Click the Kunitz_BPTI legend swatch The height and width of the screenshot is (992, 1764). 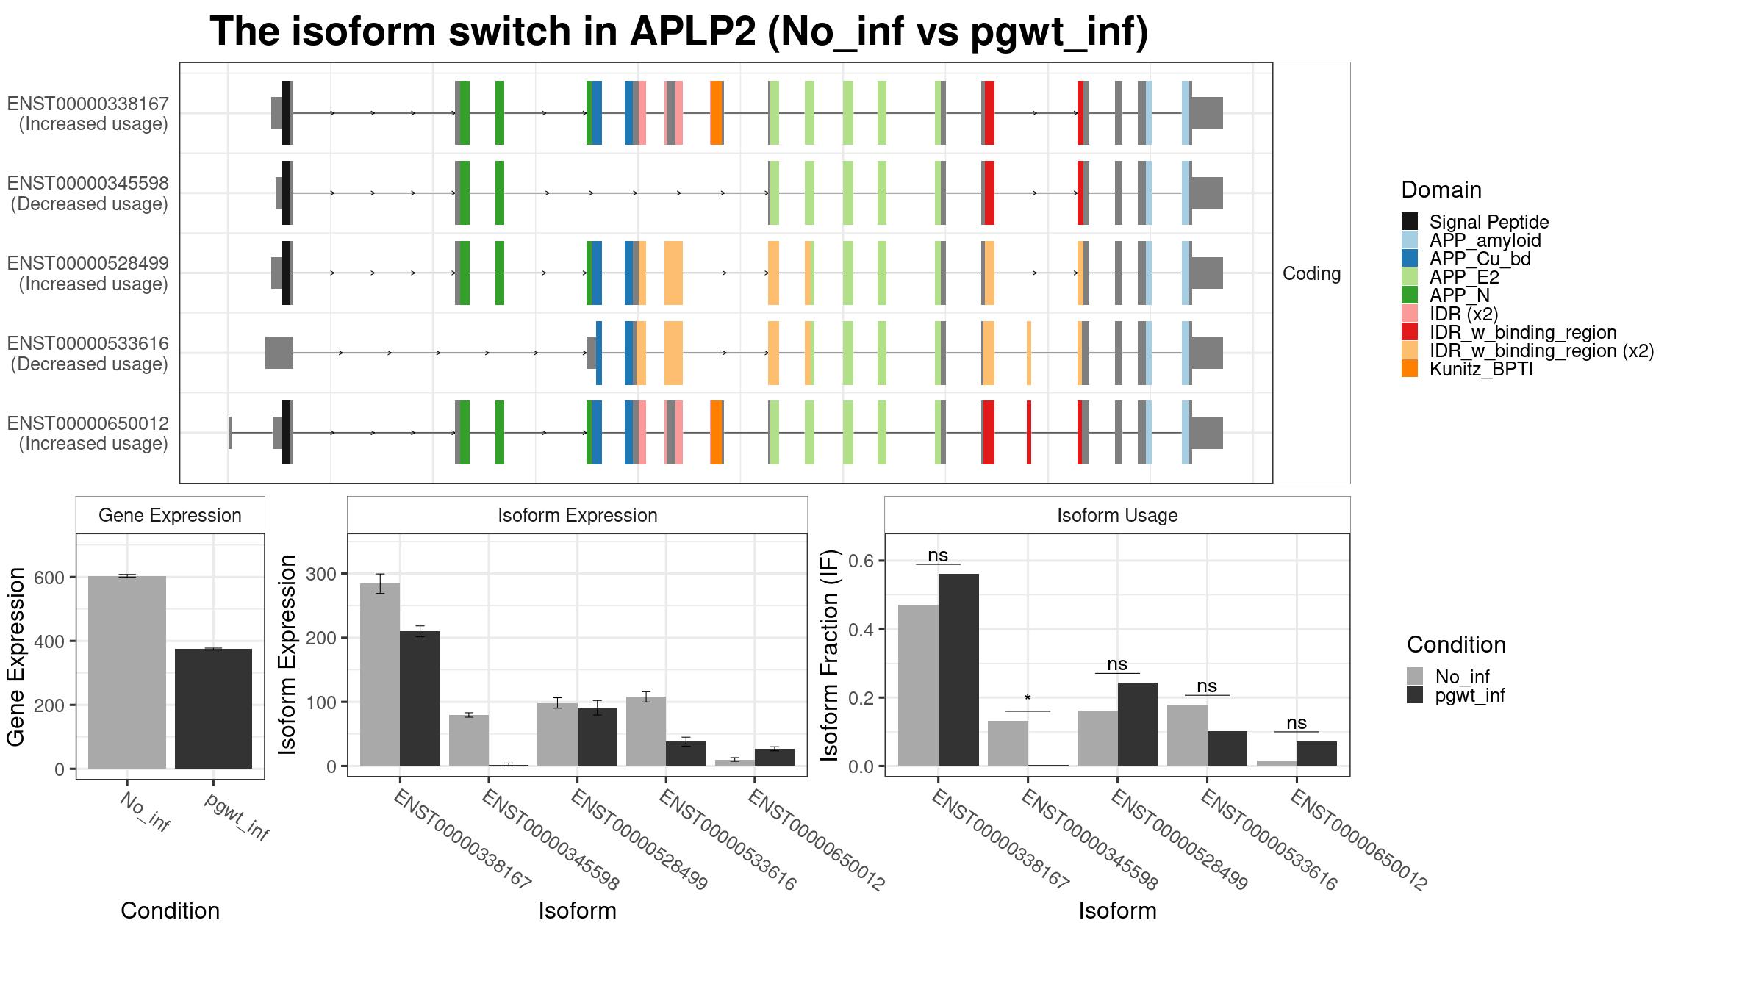click(x=1410, y=369)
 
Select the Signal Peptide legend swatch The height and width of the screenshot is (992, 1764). click(x=1410, y=222)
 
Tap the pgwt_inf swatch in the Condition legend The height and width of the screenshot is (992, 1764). click(x=1415, y=695)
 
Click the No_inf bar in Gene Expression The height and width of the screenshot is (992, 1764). click(x=127, y=672)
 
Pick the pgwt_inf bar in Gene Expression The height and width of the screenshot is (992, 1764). click(x=213, y=708)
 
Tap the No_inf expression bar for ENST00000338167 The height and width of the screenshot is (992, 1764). click(x=380, y=675)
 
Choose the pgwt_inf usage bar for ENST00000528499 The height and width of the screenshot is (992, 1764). click(x=1138, y=725)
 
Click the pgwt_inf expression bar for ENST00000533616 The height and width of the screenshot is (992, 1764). click(x=686, y=754)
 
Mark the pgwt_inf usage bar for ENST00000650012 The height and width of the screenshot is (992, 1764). click(x=1316, y=754)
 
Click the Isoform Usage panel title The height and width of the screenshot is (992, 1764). click(x=1117, y=515)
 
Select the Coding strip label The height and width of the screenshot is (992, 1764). click(x=1312, y=273)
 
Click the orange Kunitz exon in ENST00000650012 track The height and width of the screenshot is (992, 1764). click(x=717, y=433)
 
